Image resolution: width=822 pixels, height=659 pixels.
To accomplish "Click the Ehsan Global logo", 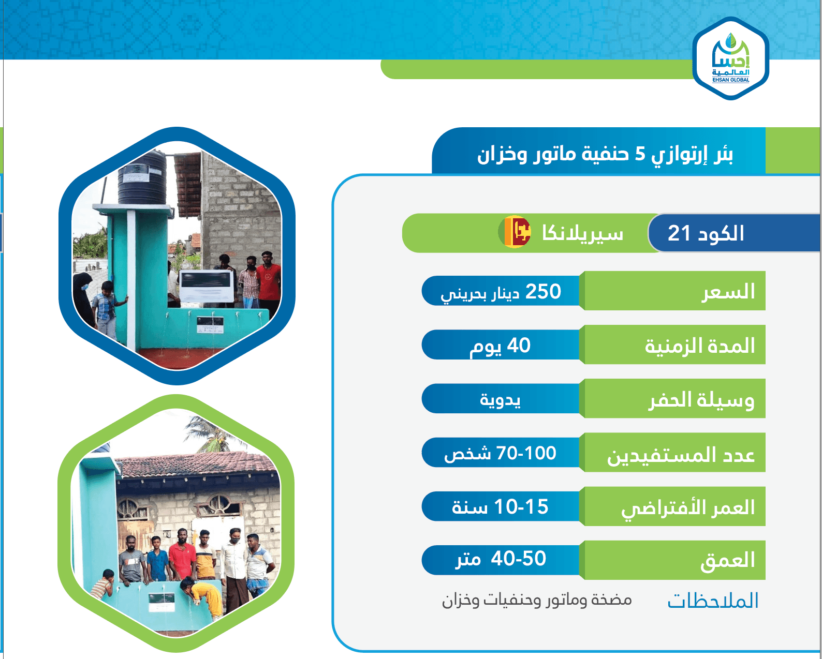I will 730,58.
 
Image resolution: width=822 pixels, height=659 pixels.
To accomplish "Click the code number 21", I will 679,233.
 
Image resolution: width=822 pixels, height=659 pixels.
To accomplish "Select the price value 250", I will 543,292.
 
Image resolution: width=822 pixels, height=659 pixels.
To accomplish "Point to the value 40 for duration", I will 519,346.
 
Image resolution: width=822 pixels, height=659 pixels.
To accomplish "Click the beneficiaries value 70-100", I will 526,454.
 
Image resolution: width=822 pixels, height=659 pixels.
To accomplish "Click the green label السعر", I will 728,292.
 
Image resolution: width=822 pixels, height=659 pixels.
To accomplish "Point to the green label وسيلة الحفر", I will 701,400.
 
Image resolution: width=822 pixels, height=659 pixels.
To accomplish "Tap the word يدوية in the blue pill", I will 500,400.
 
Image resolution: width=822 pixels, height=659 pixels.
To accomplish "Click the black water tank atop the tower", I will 142,179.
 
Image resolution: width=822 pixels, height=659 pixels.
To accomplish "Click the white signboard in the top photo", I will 207,286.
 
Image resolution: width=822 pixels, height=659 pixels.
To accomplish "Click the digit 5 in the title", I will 640,154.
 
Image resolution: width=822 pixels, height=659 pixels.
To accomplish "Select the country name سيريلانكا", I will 582,233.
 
